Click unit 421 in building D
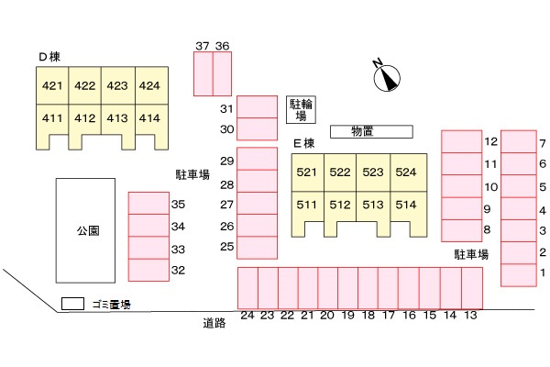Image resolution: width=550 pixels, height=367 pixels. point(52,87)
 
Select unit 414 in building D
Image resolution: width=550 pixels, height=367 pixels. point(149,118)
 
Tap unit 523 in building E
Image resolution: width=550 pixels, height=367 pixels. point(372,172)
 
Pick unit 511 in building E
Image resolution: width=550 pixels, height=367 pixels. point(307,205)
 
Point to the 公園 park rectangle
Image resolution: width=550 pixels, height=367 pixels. point(87,230)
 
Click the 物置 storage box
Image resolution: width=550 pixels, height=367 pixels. point(361,131)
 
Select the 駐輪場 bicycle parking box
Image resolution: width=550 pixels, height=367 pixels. point(302,109)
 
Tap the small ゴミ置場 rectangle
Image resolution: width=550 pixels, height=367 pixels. point(72,304)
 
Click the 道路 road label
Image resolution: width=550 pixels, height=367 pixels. point(214,323)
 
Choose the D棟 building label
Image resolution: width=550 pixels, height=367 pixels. point(49,57)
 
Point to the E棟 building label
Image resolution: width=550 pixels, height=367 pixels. point(303,143)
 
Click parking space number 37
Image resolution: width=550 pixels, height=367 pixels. point(203,73)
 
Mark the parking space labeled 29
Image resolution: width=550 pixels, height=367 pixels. point(257,159)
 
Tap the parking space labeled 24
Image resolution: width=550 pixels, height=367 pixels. point(247,287)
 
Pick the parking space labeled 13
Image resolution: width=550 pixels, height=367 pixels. point(471,287)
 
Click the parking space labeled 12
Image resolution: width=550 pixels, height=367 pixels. point(461,140)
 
